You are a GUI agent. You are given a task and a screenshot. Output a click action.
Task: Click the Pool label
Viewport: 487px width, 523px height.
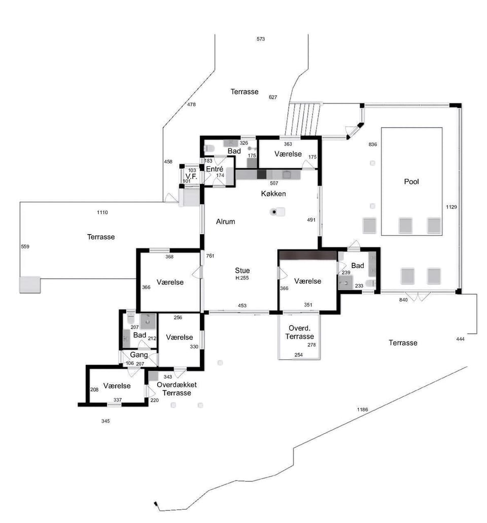coord(411,182)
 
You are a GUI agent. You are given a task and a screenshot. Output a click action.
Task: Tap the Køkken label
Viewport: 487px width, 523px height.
coord(273,194)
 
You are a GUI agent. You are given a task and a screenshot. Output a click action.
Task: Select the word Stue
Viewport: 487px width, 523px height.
coord(242,271)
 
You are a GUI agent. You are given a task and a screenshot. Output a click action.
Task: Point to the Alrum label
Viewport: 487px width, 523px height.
coord(225,221)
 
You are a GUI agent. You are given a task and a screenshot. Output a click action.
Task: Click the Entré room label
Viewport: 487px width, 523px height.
coord(215,169)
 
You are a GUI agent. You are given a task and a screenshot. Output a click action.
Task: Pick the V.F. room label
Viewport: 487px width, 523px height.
coord(192,176)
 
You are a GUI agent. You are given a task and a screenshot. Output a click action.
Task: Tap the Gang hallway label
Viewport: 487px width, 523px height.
coord(139,355)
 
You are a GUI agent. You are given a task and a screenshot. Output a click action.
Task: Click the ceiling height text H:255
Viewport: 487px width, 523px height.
coord(242,278)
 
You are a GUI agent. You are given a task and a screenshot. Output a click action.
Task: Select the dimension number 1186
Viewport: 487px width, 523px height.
coord(363,409)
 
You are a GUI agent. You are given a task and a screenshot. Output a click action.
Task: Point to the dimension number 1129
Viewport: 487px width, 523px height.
coord(451,207)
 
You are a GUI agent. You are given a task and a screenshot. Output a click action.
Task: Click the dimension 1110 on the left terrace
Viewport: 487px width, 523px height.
coord(102,212)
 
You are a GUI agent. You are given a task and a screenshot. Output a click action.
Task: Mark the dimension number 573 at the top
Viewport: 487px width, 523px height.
coord(261,39)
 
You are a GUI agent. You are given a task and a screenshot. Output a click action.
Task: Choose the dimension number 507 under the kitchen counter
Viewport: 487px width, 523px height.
coord(274,183)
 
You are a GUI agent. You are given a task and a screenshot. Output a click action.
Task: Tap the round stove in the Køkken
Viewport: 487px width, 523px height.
coord(274,211)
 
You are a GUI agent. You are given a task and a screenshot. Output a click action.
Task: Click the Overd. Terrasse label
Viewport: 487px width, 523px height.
coord(299,332)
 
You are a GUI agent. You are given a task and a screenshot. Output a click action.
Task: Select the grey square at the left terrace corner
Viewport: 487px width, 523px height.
coord(30,285)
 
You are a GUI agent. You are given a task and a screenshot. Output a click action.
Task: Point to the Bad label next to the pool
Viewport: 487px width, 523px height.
coord(358,266)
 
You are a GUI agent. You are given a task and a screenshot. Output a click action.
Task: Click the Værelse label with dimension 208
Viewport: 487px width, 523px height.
coord(117,386)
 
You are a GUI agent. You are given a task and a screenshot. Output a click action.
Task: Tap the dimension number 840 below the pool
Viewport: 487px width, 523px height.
coord(403,300)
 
